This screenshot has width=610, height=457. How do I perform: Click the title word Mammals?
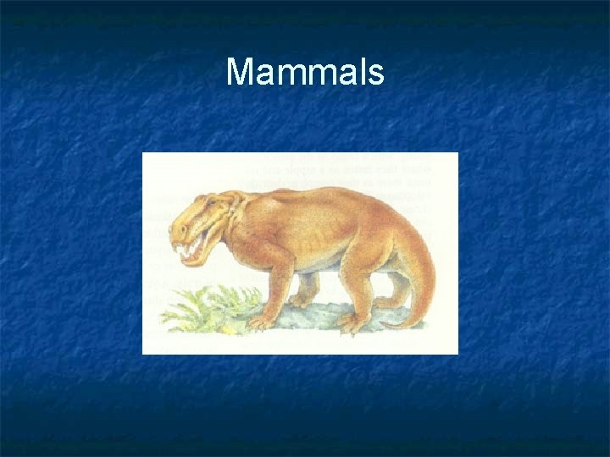coord(305,73)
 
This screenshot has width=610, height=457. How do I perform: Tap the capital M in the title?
coord(239,73)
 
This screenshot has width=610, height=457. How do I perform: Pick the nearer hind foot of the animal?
coord(347,321)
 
